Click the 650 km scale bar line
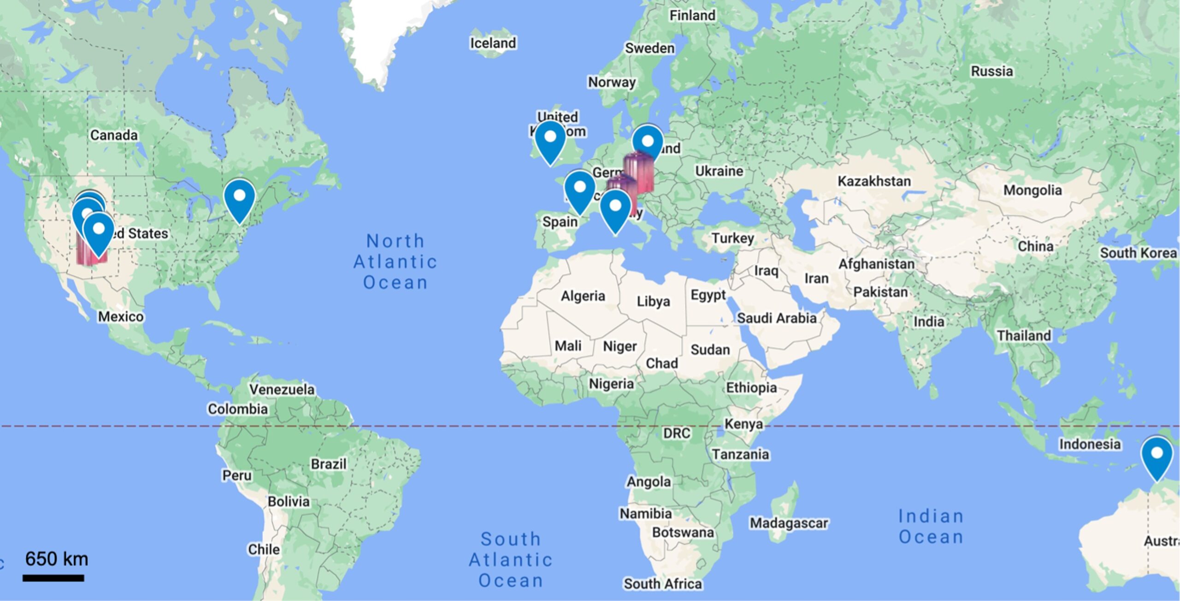(x=53, y=578)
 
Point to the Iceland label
(x=493, y=43)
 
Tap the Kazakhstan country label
(x=874, y=181)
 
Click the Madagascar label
(x=789, y=523)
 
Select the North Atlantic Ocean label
(x=395, y=262)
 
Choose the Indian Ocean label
(x=931, y=526)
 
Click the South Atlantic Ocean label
(x=511, y=559)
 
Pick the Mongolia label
(x=1032, y=190)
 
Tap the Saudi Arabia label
(x=776, y=318)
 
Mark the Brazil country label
(x=328, y=464)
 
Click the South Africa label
(x=662, y=583)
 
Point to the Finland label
(x=692, y=16)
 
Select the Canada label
(x=114, y=135)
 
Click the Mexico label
(x=121, y=316)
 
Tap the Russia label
(x=991, y=71)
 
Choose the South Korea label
(x=1138, y=253)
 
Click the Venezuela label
(x=282, y=389)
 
